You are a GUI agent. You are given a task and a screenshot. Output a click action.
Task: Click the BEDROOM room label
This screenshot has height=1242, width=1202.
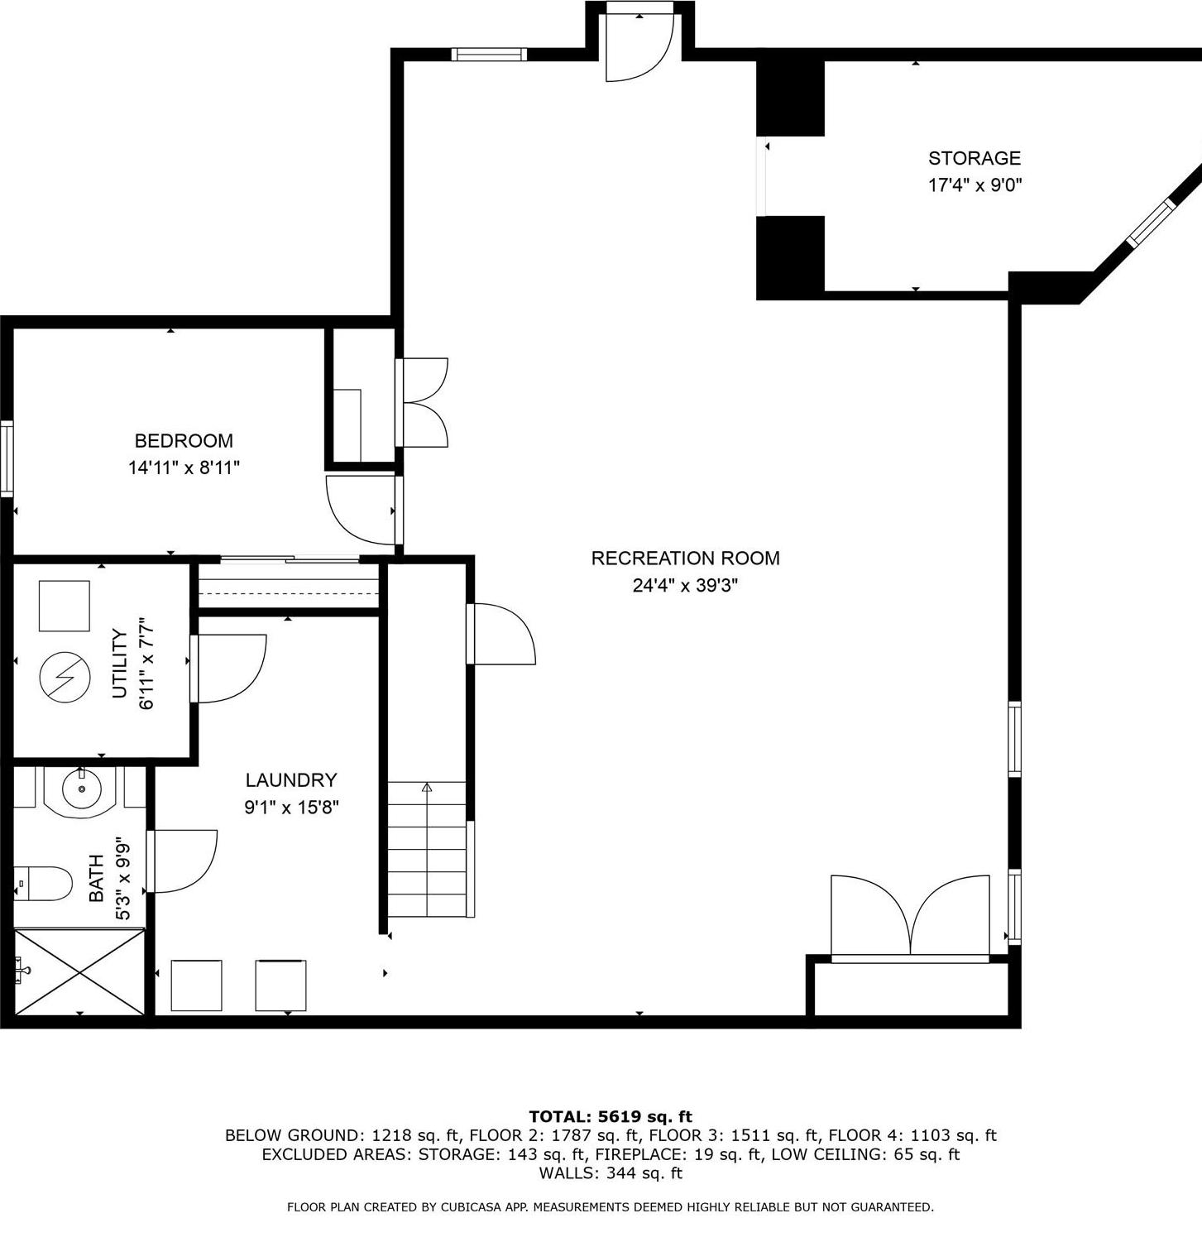[x=184, y=440]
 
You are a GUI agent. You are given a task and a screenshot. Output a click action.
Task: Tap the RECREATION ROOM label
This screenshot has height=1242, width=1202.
[x=685, y=558]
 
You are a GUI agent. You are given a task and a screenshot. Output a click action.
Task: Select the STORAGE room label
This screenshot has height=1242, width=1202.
[x=974, y=158]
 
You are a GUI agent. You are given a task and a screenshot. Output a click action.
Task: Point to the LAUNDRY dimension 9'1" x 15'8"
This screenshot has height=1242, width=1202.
[x=291, y=807]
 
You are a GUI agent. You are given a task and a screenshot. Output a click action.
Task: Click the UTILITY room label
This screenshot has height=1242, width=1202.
[x=120, y=664]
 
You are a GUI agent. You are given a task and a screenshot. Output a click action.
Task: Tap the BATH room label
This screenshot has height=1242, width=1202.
[x=96, y=878]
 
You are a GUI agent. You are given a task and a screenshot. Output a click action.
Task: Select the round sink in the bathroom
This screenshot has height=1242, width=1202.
[x=82, y=790]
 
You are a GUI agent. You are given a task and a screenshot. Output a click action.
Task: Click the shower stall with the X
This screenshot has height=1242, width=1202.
[x=79, y=971]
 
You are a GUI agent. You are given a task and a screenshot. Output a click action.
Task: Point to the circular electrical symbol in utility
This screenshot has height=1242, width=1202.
[x=65, y=678]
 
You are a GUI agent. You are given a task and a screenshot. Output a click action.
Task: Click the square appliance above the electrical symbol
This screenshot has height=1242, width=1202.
[x=65, y=606]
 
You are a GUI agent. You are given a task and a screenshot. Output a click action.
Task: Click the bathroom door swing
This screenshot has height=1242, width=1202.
[x=182, y=861]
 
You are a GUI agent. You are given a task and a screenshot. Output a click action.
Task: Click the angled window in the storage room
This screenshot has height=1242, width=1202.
[x=1151, y=223]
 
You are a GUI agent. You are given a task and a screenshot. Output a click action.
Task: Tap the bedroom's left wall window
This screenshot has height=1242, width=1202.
[x=7, y=458]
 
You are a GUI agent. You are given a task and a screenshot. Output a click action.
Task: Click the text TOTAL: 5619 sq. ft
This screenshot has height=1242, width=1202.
[x=611, y=1116]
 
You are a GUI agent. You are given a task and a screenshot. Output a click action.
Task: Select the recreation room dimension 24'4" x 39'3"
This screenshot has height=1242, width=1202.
[x=685, y=586]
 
